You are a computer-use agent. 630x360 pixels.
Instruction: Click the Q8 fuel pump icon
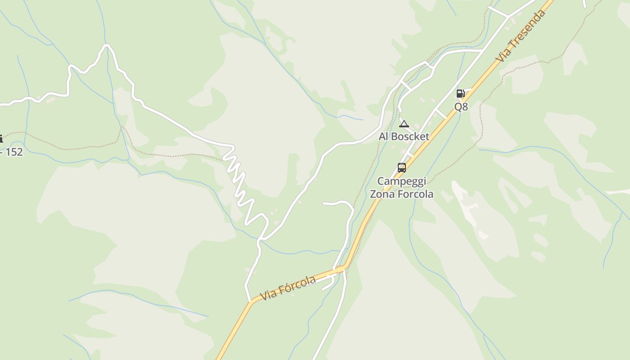click(x=460, y=94)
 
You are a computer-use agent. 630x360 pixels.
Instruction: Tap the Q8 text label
click(x=461, y=107)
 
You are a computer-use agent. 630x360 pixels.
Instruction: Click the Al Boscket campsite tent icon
click(x=404, y=124)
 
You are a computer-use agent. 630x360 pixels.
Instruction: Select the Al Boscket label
click(x=404, y=136)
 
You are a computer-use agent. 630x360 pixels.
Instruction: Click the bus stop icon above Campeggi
click(x=402, y=168)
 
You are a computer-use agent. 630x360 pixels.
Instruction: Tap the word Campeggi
click(x=401, y=181)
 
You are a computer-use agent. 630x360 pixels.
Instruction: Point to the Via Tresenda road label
click(x=521, y=36)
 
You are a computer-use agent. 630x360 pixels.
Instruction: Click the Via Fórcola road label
click(x=288, y=288)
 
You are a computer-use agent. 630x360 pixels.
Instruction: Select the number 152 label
click(x=14, y=152)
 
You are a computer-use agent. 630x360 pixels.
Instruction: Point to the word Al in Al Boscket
click(x=384, y=136)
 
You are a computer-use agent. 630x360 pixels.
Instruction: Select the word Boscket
click(x=410, y=136)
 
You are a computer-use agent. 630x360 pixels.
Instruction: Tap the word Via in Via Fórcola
click(x=268, y=296)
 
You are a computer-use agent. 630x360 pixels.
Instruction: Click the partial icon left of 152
click(x=1, y=139)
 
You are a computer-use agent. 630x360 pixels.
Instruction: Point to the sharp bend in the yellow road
click(x=343, y=268)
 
